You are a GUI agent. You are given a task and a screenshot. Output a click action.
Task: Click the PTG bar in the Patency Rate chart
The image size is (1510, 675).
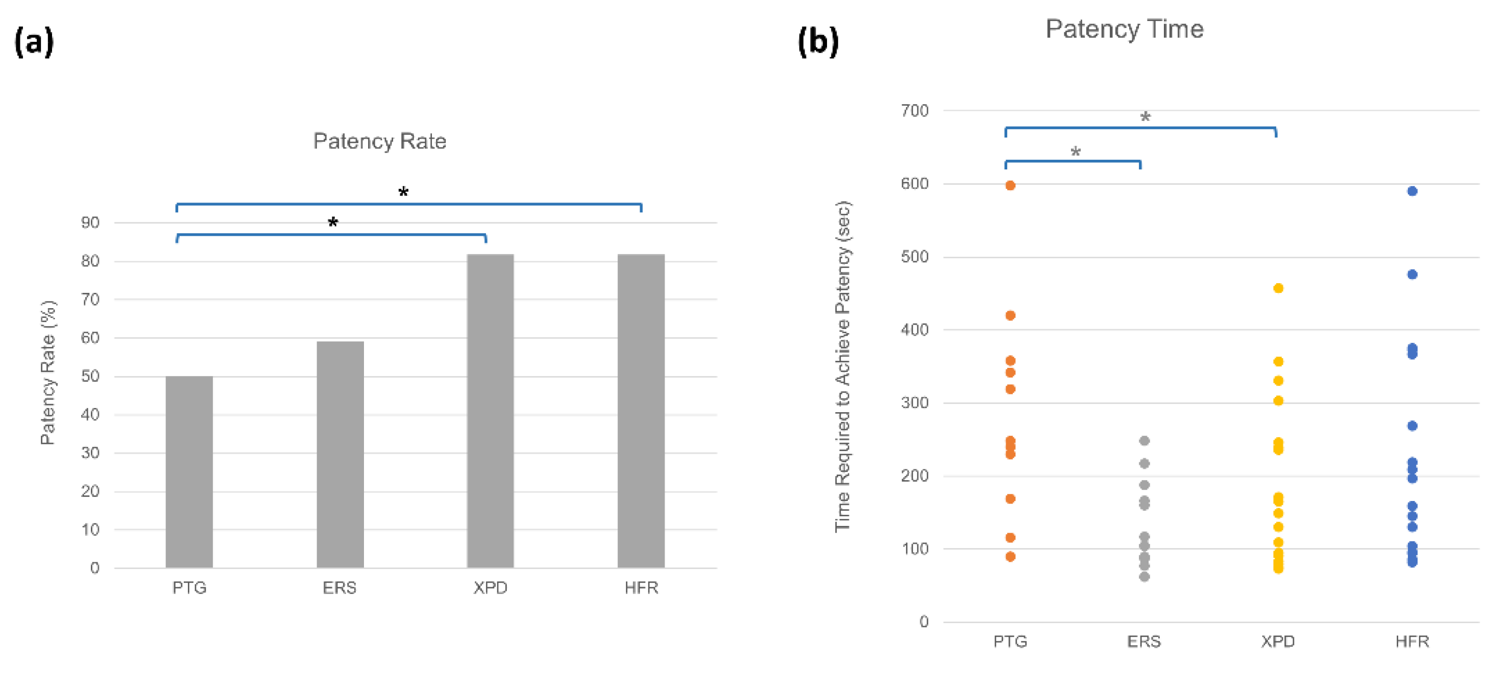(189, 471)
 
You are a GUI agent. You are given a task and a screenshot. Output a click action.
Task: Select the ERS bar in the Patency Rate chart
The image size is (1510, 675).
(340, 454)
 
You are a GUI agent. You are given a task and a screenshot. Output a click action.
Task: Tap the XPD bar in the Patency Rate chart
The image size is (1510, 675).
(490, 410)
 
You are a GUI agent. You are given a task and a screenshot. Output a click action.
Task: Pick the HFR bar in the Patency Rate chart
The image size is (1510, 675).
(641, 410)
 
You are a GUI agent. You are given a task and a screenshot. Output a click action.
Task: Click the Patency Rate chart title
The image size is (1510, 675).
(379, 141)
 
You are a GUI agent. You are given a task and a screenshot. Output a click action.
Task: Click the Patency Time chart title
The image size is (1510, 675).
(1124, 29)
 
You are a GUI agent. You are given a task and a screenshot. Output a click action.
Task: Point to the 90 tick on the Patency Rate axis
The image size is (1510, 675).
(90, 222)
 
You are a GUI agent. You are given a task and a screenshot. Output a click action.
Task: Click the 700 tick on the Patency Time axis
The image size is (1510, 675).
(914, 111)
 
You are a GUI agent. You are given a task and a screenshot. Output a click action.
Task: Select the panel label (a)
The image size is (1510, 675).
(34, 42)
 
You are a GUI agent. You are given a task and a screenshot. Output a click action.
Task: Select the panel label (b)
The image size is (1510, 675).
(818, 42)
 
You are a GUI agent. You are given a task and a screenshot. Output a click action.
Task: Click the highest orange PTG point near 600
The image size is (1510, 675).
(1010, 186)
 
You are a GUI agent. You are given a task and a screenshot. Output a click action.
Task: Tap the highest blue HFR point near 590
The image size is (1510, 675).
(1412, 191)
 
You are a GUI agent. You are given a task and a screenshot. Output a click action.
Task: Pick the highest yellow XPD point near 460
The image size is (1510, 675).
(1278, 288)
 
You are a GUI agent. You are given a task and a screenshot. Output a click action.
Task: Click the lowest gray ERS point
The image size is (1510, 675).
(1143, 577)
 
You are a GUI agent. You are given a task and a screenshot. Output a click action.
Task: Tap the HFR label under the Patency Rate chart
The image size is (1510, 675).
(641, 588)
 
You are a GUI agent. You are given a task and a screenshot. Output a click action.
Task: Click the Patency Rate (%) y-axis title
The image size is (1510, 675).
(48, 372)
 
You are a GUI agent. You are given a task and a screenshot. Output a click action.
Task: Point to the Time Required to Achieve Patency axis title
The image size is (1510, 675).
(842, 366)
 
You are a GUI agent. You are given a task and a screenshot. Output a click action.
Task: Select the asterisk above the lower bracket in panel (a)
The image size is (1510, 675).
(332, 222)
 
